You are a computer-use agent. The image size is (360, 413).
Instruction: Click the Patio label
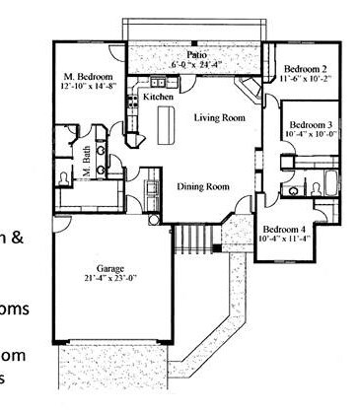coord(197,54)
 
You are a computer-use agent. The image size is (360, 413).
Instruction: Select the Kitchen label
coord(158,98)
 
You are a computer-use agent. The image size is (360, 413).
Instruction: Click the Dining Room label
coord(202,185)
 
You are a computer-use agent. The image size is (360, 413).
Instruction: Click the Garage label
coord(110,268)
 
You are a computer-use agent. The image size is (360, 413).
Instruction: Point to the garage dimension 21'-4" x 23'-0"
coord(110,279)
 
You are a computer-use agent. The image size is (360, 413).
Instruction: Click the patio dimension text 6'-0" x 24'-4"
coord(197,65)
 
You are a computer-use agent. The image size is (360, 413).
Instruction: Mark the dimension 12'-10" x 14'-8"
coord(88,87)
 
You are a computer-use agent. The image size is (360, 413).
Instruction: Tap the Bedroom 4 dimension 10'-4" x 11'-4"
coord(287,238)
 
